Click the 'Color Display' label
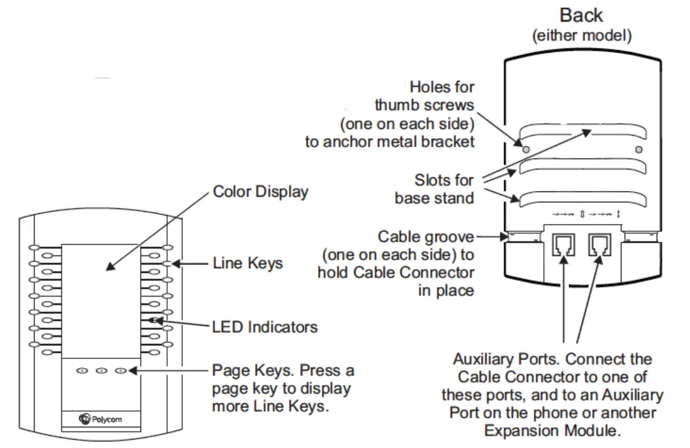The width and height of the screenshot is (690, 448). coord(260,192)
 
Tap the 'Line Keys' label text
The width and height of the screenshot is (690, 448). coord(248,263)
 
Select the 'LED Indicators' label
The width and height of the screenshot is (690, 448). coord(265,327)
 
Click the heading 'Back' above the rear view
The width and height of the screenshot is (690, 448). coord(582,15)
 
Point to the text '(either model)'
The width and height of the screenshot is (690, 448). coord(582,36)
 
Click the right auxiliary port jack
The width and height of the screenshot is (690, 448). coord(599,244)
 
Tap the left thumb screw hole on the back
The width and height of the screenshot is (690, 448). coord(525,148)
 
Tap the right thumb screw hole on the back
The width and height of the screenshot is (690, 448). coord(637,149)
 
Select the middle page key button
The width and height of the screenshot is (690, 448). coord(101,371)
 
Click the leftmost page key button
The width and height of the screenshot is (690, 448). coord(82,371)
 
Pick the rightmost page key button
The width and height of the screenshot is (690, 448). coord(121,371)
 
